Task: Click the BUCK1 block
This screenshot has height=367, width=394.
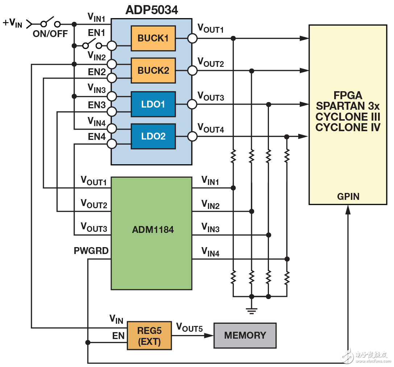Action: [153, 38]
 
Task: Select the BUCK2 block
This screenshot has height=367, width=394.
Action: [153, 70]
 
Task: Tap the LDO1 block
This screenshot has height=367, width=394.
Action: [153, 104]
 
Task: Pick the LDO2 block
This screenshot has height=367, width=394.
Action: [153, 136]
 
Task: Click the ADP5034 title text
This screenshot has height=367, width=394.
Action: [152, 10]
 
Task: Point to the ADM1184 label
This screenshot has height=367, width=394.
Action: [151, 230]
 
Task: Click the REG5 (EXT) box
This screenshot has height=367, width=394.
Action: [149, 335]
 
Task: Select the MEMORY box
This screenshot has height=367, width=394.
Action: [245, 335]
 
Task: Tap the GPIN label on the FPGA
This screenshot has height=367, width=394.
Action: [348, 197]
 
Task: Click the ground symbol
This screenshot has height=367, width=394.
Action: [252, 310]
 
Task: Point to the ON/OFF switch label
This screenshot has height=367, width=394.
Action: [50, 34]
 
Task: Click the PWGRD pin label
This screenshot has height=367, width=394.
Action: [91, 251]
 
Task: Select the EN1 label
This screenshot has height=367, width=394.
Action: [97, 33]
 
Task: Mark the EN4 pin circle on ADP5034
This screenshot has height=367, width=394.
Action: [112, 144]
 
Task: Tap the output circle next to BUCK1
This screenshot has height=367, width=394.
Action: [192, 38]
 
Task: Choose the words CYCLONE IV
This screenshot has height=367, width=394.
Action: [348, 128]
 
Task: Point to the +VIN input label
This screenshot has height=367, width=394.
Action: [12, 23]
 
